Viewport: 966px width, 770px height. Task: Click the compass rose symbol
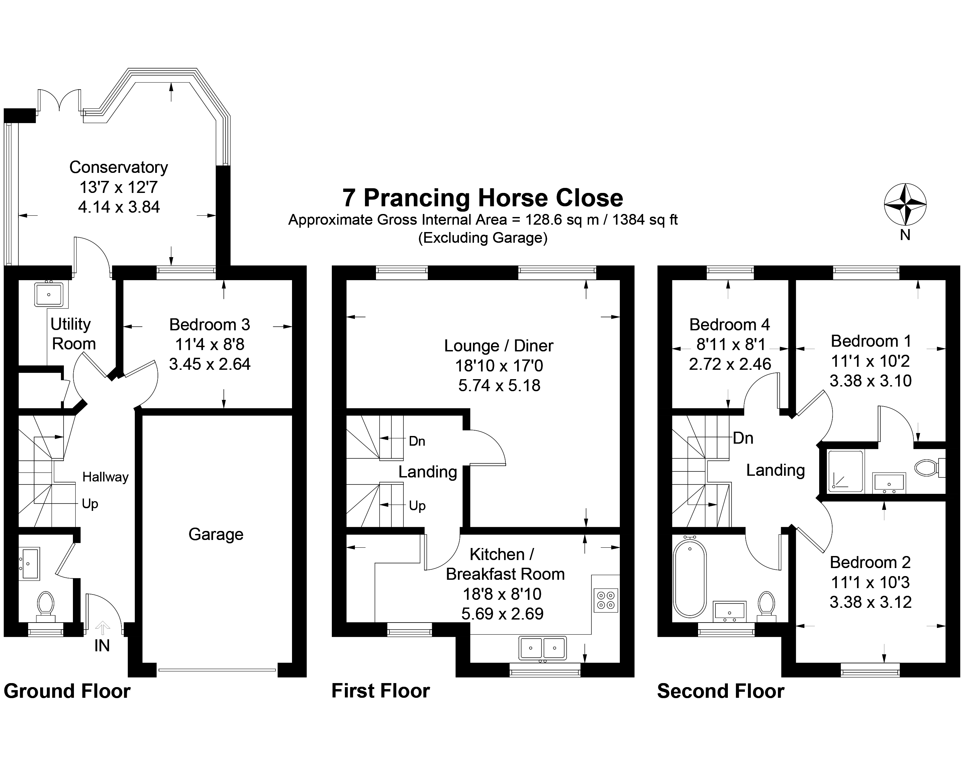point(905,204)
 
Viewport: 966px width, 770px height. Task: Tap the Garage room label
point(216,534)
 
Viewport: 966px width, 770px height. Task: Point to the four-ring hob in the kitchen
point(606,600)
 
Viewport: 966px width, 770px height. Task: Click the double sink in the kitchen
point(543,648)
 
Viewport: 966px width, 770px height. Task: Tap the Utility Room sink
point(49,294)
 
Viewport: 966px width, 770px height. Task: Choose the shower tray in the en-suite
point(846,471)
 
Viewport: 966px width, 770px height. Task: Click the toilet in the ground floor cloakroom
point(46,607)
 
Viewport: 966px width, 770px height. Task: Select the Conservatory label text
point(119,167)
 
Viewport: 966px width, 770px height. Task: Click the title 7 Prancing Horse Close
point(483,198)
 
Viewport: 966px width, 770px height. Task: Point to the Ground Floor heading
point(67,691)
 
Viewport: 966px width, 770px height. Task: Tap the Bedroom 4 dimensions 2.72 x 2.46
point(730,364)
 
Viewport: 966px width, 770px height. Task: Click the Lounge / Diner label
point(499,346)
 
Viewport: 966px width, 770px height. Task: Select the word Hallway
point(105,477)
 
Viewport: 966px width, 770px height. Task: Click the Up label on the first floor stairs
point(417,506)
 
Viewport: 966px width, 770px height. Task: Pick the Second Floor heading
point(721,691)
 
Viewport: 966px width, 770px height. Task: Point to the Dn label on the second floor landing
point(743,438)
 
